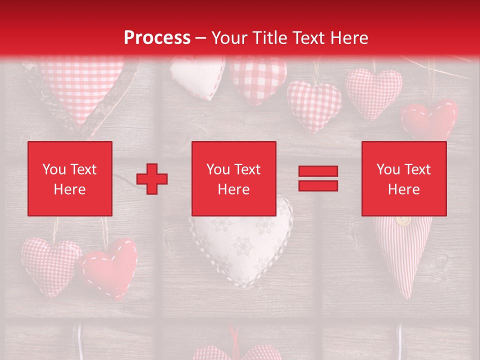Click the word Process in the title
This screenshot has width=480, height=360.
(x=157, y=38)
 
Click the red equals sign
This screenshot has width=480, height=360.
(x=318, y=178)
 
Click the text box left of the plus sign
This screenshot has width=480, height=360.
(x=69, y=178)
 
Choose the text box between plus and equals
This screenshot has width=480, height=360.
(x=233, y=178)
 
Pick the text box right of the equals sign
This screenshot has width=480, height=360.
(x=403, y=178)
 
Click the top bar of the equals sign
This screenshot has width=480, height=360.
(x=318, y=171)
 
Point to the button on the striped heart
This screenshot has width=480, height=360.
(x=402, y=220)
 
